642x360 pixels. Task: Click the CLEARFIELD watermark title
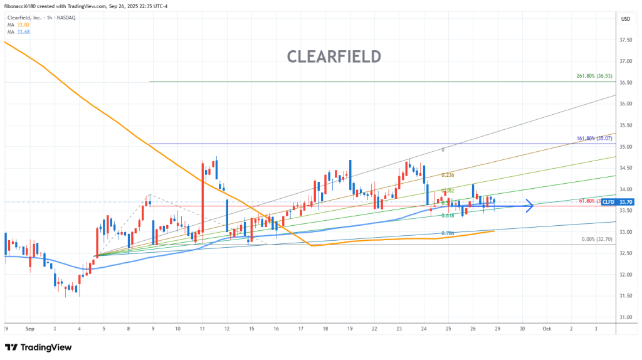[334, 56]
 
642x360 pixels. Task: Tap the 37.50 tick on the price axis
[625, 40]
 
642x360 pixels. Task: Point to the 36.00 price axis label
[625, 104]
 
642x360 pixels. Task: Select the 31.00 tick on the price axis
[625, 317]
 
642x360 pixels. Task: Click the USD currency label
[625, 19]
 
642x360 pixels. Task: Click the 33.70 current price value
[625, 202]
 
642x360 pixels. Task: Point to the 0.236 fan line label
[448, 175]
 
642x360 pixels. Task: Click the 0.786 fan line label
[448, 233]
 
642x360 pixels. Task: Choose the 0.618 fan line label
[448, 215]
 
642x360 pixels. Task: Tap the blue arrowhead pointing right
[530, 204]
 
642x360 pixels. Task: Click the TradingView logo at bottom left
[38, 347]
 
